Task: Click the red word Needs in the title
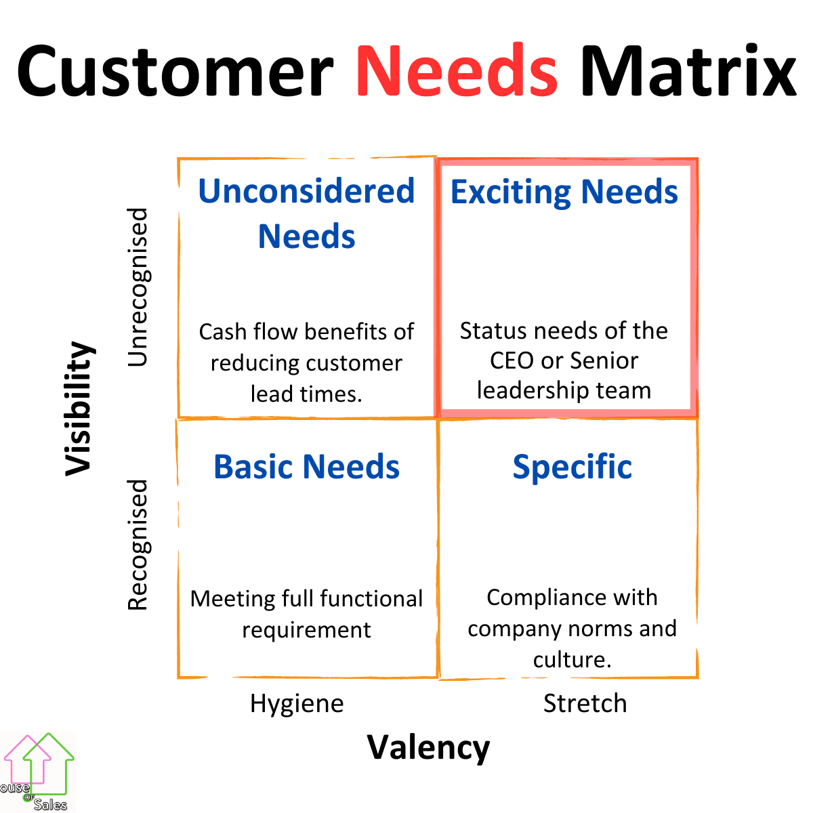click(x=457, y=70)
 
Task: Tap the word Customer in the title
click(x=175, y=70)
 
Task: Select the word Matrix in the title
click(x=688, y=70)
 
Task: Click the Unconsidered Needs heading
click(x=306, y=213)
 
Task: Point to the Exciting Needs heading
click(x=564, y=192)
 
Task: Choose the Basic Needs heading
click(x=306, y=467)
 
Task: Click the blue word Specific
click(x=572, y=467)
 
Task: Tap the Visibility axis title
click(x=79, y=409)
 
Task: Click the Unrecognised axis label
click(x=138, y=287)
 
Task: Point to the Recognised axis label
click(x=138, y=544)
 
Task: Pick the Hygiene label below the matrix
click(x=297, y=704)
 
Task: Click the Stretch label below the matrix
click(x=585, y=703)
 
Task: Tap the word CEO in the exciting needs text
click(x=512, y=360)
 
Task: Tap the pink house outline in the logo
click(x=27, y=759)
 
